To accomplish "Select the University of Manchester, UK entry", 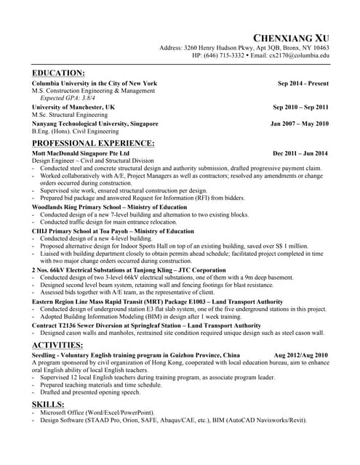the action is click(73, 107).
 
